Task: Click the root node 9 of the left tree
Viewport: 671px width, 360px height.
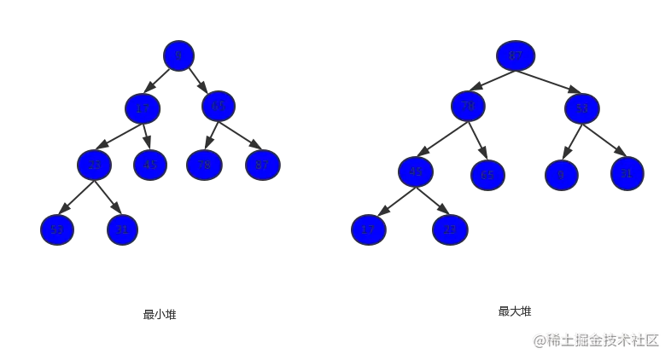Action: point(178,56)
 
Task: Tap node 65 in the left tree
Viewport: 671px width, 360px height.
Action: point(219,107)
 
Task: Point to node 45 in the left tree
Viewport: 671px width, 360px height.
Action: point(149,164)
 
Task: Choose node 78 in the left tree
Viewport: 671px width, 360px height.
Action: point(202,164)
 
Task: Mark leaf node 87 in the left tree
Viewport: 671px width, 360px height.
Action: point(262,164)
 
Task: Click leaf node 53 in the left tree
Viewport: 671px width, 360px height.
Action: point(57,229)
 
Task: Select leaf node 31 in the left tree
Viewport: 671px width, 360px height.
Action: point(122,229)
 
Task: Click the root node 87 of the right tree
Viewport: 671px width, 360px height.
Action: point(515,56)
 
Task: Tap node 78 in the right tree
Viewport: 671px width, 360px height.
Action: point(468,107)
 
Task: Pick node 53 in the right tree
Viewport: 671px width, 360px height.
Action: point(582,108)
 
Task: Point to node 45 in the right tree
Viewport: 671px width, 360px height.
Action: point(416,171)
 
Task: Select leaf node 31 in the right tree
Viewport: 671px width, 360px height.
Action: point(626,173)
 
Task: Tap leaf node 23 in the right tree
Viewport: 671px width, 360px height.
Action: point(450,229)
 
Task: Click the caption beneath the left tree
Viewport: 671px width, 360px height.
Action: point(161,314)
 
